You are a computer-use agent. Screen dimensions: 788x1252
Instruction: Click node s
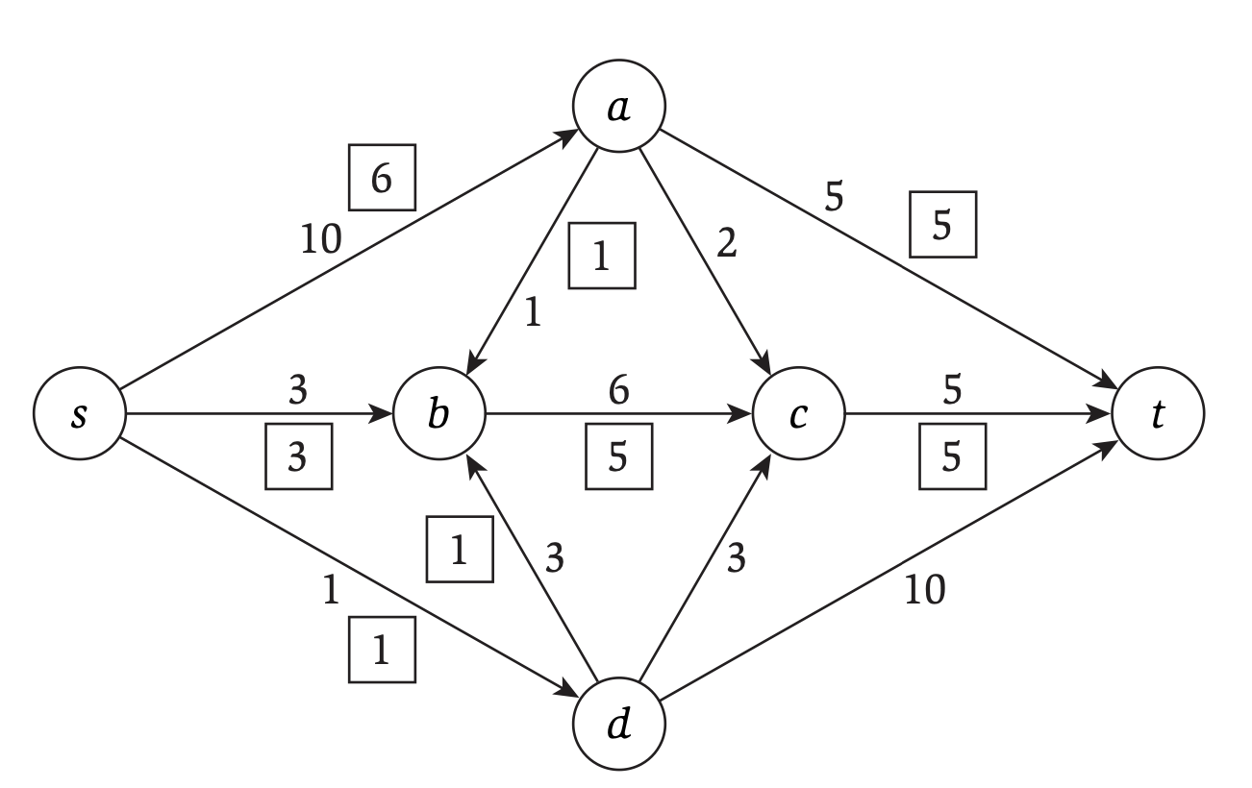80,416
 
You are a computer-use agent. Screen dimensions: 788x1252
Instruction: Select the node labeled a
618,109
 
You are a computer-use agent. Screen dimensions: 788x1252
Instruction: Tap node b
439,416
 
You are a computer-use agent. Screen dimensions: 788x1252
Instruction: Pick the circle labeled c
798,416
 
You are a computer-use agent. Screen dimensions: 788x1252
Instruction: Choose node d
618,723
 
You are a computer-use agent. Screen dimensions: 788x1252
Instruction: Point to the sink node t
1157,416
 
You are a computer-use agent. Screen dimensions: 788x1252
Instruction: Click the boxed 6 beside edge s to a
382,178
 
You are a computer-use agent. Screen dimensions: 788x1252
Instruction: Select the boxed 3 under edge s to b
298,456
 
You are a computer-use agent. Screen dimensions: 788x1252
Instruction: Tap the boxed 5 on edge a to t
942,225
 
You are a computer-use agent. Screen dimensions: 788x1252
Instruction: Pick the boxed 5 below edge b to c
618,456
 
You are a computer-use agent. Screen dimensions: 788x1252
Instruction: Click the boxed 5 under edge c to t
952,456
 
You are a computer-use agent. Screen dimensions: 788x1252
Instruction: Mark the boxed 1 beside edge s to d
382,651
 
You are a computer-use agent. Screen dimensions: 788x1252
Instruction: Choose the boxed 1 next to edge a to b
601,257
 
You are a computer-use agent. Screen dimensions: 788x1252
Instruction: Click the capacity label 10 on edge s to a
320,238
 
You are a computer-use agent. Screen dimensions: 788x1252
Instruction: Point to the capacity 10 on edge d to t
925,590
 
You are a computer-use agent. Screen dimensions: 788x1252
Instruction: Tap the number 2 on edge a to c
728,246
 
